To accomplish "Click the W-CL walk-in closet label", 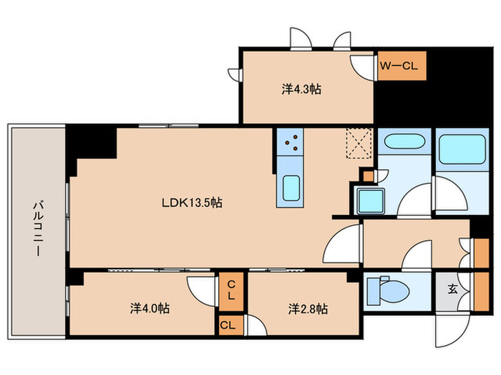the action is point(399,66).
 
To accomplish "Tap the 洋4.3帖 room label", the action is point(301,89).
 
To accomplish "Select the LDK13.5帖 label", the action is point(192,202).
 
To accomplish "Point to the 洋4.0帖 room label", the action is point(150,309).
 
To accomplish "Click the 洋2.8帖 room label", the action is point(308,309).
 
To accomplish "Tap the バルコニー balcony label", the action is point(39,229).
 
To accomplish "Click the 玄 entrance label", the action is point(452,289).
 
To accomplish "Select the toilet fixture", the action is point(389,291).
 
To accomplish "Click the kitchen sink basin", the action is point(291,188).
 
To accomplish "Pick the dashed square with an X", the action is point(359,143).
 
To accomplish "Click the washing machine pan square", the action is point(371,201).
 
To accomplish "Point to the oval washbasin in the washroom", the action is point(404,141).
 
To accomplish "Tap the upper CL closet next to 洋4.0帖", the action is point(231,291).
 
